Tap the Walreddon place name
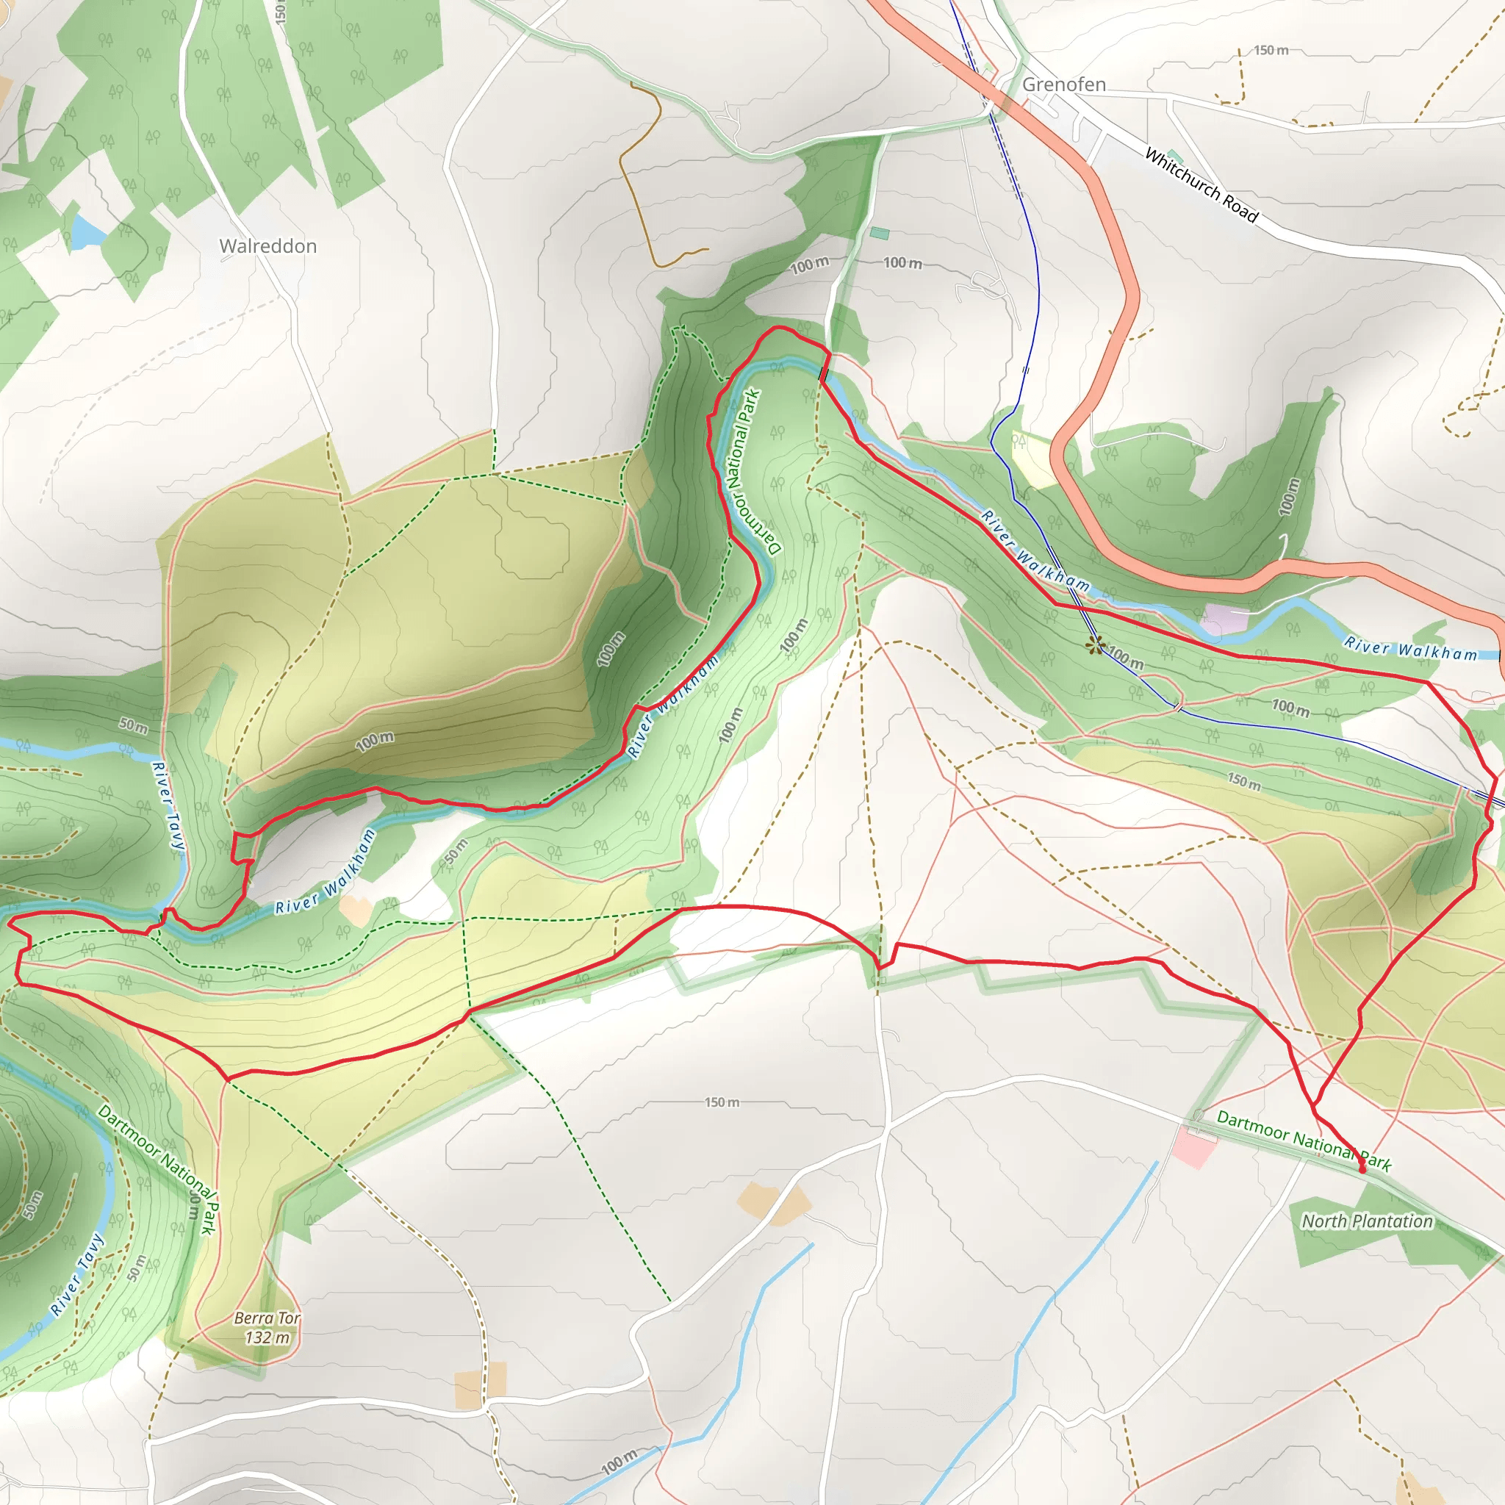pos(268,246)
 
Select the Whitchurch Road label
pos(1201,185)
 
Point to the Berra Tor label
pos(267,1318)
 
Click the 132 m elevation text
pos(267,1337)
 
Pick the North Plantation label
pos(1367,1221)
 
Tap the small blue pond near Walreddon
pos(87,230)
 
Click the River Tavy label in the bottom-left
pos(76,1274)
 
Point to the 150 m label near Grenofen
pos(1271,51)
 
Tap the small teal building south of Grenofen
pos(880,233)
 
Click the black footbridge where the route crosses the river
pos(823,374)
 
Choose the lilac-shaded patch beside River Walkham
pos(1223,619)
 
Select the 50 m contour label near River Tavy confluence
pos(133,726)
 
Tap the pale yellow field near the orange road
pos(1033,459)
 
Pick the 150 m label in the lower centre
pos(722,1102)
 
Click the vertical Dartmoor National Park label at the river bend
pos(751,471)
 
